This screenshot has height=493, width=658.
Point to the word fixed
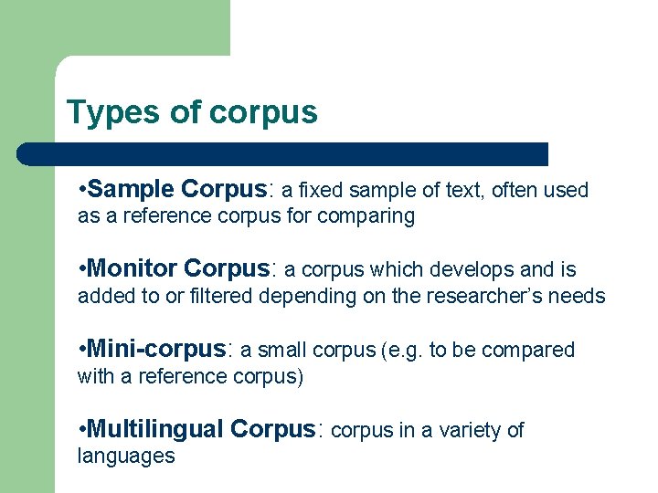pos(319,190)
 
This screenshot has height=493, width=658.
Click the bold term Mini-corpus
pos(155,349)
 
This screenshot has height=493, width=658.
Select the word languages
pos(126,456)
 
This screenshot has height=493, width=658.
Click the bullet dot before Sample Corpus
pos(82,190)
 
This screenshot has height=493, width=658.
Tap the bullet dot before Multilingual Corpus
pos(82,430)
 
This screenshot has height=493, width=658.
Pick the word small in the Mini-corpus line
pos(281,350)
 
